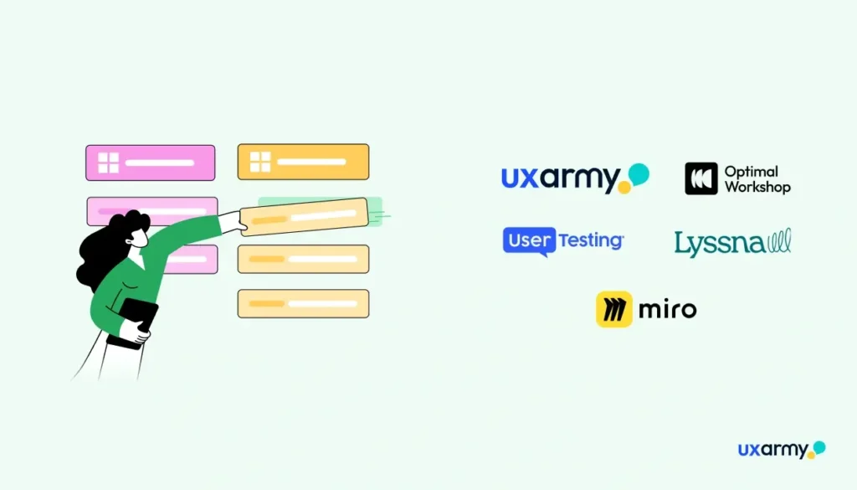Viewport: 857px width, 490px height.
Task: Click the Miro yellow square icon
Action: coord(613,309)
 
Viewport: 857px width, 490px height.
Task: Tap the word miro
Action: coord(667,310)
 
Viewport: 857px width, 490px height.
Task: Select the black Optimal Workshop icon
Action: coord(701,178)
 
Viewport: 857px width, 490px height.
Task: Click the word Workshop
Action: coord(757,187)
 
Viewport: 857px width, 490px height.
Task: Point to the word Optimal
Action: coord(751,172)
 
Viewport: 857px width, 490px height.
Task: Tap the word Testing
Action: coord(590,240)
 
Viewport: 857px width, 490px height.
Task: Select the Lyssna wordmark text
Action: coord(719,244)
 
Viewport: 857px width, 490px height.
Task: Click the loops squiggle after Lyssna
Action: coord(779,240)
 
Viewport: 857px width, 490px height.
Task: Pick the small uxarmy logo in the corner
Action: coord(782,450)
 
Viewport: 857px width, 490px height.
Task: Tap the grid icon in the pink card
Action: coord(109,162)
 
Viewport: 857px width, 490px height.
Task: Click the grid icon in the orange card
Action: coord(260,162)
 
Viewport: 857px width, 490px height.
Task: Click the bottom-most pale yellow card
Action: coord(303,303)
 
